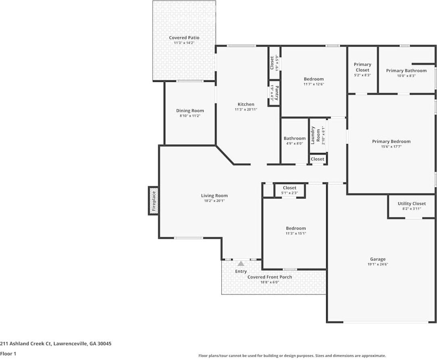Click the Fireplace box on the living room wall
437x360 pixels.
pyautogui.click(x=153, y=201)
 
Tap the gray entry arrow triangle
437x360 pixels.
pyautogui.click(x=241, y=264)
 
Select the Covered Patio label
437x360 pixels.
pyautogui.click(x=184, y=38)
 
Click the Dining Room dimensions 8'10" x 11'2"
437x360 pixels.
pyautogui.click(x=190, y=116)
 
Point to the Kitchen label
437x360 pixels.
pyautogui.click(x=246, y=104)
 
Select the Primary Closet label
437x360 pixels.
pyautogui.click(x=362, y=67)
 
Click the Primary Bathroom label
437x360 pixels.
pyautogui.click(x=406, y=71)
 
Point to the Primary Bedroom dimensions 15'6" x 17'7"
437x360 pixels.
pyautogui.click(x=391, y=147)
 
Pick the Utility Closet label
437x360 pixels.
pyautogui.click(x=411, y=203)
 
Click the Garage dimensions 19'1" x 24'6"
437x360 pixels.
pyautogui.click(x=378, y=264)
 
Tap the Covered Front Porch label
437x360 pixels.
pyautogui.click(x=269, y=277)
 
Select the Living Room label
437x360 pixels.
pyautogui.click(x=214, y=196)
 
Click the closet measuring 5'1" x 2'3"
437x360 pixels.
pyautogui.click(x=289, y=190)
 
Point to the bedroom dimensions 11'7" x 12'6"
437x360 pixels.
pyautogui.click(x=314, y=84)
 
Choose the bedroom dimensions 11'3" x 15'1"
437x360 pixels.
pyautogui.click(x=295, y=233)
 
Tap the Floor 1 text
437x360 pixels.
pyautogui.click(x=8, y=354)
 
